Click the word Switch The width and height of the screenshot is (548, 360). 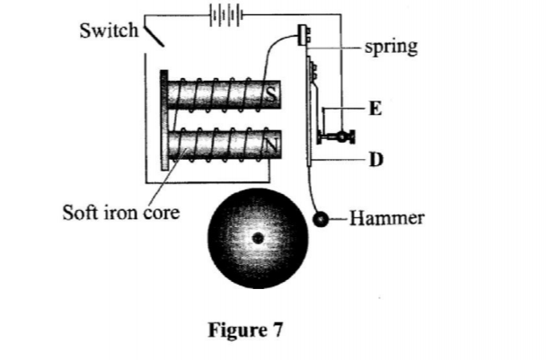pyautogui.click(x=108, y=30)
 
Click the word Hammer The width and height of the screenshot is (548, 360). pyautogui.click(x=384, y=217)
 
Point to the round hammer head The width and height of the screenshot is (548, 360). pyautogui.click(x=320, y=218)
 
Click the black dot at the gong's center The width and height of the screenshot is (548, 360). pyautogui.click(x=258, y=238)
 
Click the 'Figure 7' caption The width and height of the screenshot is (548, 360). pyautogui.click(x=245, y=330)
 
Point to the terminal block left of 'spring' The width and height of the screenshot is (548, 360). pyautogui.click(x=302, y=36)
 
